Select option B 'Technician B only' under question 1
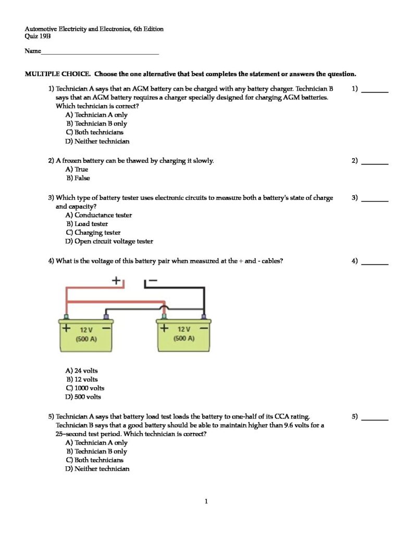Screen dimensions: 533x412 (x=96, y=124)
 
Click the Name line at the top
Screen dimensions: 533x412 (x=99, y=52)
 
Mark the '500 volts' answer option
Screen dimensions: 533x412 (x=83, y=397)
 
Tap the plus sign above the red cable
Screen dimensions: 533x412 (x=117, y=281)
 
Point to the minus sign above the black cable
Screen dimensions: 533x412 (x=152, y=281)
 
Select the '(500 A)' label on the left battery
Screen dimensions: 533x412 (x=86, y=339)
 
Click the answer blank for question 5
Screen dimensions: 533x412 (x=375, y=417)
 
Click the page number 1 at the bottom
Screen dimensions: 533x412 (x=206, y=502)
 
